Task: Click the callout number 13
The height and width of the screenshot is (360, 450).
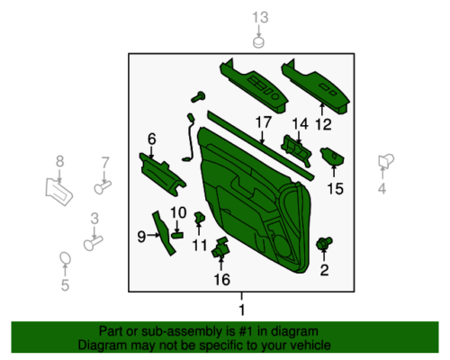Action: (x=260, y=18)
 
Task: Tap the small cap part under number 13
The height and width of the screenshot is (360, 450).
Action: (x=258, y=42)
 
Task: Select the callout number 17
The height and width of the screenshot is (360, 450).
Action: (x=263, y=122)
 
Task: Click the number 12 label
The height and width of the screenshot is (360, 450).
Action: (x=323, y=124)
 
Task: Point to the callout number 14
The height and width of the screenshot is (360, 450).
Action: (x=300, y=124)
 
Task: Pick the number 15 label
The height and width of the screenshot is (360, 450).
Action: (x=335, y=189)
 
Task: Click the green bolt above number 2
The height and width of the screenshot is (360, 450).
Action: (x=324, y=243)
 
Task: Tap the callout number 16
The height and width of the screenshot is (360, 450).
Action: (x=222, y=280)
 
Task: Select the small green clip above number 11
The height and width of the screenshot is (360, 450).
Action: (x=200, y=218)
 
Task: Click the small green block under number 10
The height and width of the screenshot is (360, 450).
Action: (x=177, y=235)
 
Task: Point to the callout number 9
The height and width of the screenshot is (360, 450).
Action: (x=141, y=237)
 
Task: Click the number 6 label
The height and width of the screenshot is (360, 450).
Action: (x=152, y=139)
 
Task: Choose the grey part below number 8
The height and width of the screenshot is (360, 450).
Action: (x=58, y=192)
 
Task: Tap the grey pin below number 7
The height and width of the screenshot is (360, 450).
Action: (x=103, y=187)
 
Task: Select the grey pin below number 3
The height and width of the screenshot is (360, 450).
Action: (x=93, y=243)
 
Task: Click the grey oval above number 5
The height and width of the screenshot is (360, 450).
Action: (x=65, y=258)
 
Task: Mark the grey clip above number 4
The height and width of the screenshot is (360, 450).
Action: (x=386, y=161)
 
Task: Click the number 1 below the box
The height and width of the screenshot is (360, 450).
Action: (x=242, y=310)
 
